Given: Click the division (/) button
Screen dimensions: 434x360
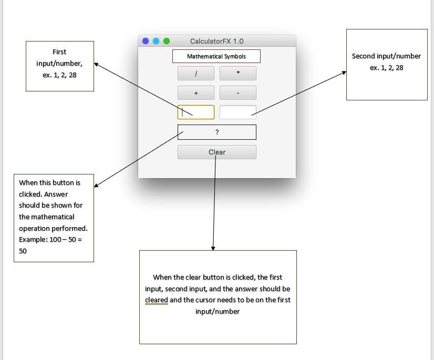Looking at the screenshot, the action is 196,74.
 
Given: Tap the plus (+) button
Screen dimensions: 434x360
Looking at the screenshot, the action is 196,93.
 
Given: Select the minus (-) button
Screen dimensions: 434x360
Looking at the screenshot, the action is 238,93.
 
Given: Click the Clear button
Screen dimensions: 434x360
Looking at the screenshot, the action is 217,152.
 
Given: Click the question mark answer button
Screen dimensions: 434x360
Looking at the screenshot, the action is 217,132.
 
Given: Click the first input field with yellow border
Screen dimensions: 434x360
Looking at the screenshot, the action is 196,112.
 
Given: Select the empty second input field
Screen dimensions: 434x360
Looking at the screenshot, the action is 238,112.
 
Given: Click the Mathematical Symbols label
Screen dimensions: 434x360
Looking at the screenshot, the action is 216,56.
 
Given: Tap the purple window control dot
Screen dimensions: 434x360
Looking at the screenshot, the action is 146,41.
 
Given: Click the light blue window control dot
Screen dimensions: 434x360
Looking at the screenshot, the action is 156,41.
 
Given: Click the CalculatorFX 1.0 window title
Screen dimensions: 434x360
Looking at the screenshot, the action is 216,42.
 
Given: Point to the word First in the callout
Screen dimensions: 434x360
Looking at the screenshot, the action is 59,52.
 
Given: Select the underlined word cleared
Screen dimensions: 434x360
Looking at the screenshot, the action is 157,300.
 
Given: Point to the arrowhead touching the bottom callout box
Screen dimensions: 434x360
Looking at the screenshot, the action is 213,248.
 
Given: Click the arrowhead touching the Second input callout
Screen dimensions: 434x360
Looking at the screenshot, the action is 344,73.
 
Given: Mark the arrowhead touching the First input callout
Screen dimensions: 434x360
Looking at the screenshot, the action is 96,64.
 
